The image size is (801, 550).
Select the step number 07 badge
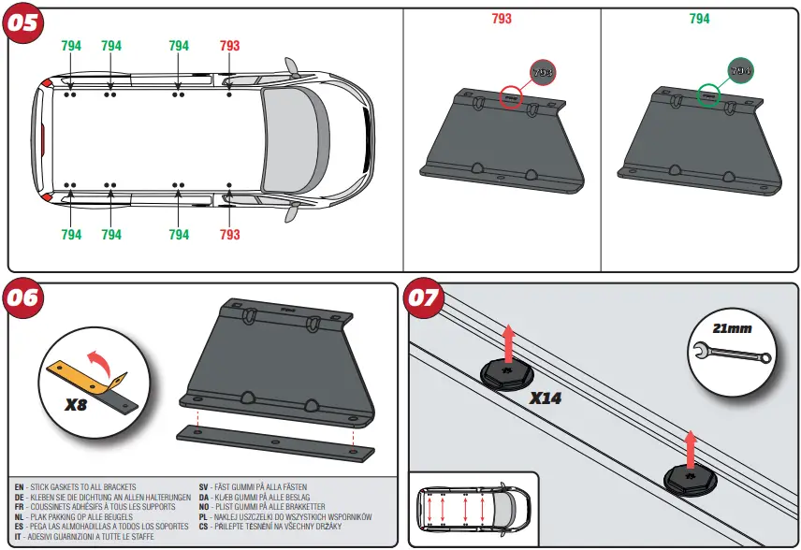tap(423, 297)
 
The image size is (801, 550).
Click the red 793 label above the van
tap(229, 46)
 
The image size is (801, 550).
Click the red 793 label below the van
tap(229, 235)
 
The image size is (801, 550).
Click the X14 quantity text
tap(546, 398)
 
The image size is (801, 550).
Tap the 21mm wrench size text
tap(732, 328)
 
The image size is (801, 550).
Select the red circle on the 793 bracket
tap(511, 96)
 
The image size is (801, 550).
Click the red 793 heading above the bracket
tap(502, 19)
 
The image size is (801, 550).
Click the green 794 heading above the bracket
tap(699, 19)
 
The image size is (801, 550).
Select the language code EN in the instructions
tap(20, 487)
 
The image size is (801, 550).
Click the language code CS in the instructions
tap(204, 527)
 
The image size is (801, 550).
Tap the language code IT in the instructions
tap(19, 537)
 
